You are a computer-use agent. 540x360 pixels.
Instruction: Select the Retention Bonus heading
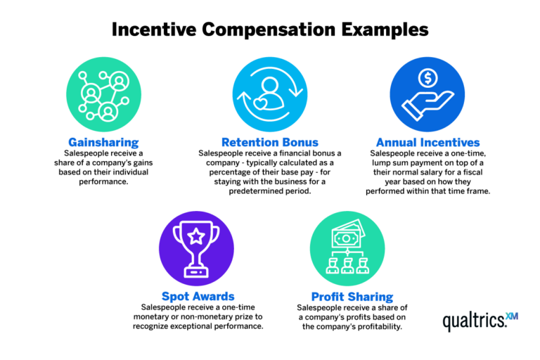pos(269,143)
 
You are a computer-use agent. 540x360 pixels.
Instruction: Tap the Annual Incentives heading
pos(427,143)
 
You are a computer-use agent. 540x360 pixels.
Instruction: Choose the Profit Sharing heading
pos(352,296)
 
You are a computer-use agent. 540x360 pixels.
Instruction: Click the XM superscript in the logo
pos(511,316)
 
